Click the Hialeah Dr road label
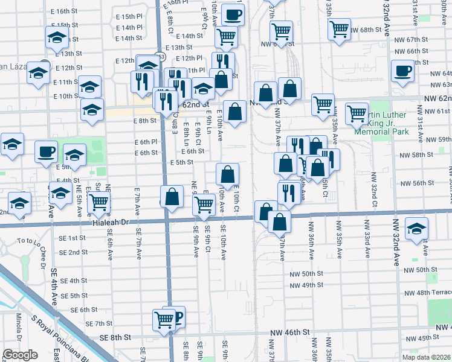click(x=113, y=222)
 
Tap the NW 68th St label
click(x=371, y=30)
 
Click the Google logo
click(x=21, y=355)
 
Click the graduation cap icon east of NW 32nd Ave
click(x=418, y=229)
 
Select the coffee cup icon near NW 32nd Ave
click(x=402, y=71)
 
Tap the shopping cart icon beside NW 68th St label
click(x=339, y=28)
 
